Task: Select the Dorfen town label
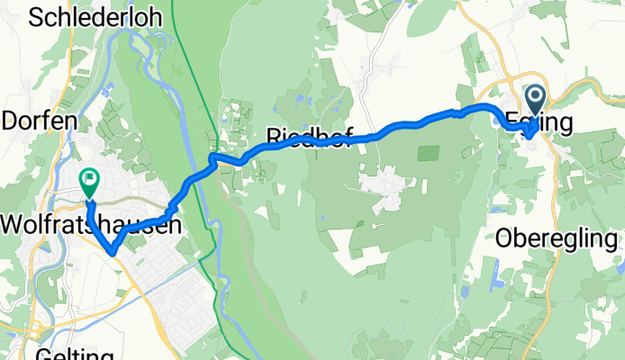point(33,121)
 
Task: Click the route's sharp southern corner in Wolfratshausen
point(111,252)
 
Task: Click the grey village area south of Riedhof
point(386,189)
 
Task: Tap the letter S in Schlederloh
point(37,18)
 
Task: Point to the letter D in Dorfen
point(10,121)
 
